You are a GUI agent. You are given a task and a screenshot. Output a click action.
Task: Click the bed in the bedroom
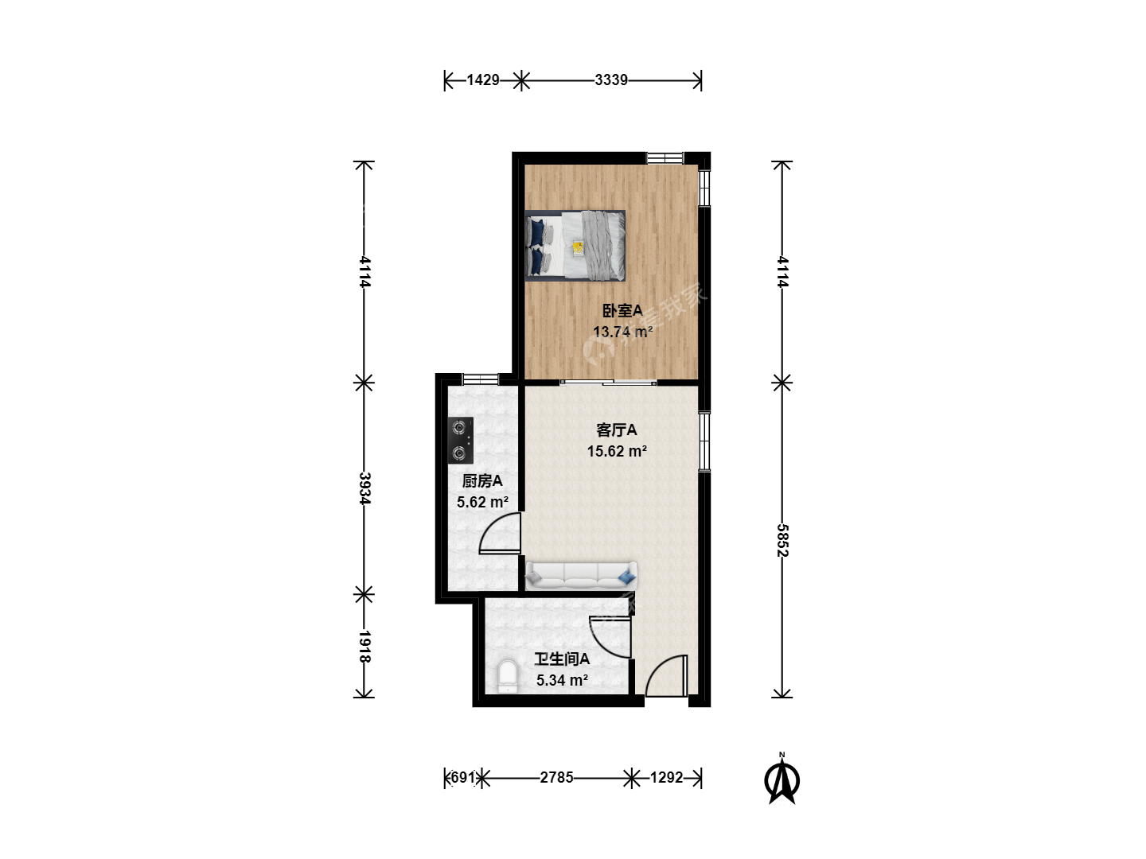pos(575,246)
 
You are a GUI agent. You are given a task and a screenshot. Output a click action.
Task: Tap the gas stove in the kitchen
pos(461,440)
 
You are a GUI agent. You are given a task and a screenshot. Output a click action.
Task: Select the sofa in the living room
pos(581,576)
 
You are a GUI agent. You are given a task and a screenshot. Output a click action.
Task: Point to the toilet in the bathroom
pos(507,676)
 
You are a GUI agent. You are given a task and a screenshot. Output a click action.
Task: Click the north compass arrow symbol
pos(782,779)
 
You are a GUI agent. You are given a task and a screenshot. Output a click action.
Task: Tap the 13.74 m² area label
pos(622,332)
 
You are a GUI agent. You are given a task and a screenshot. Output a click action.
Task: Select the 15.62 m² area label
pos(617,451)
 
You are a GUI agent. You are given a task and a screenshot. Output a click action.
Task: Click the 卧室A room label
pos(622,311)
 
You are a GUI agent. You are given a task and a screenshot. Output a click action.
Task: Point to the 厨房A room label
pos(482,481)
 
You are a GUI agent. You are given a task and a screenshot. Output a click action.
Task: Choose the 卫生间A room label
pos(562,659)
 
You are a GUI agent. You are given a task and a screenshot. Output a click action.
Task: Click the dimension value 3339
pos(611,80)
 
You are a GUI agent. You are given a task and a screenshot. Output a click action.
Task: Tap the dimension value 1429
pos(483,80)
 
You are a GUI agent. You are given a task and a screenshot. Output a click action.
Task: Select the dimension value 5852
pos(782,540)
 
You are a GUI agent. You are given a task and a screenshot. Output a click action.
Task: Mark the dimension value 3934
pos(365,488)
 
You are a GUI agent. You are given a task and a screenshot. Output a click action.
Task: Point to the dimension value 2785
pos(556,778)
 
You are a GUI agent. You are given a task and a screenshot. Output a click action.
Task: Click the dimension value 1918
pos(365,647)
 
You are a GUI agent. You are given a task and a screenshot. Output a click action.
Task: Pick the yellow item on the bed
pos(578,247)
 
